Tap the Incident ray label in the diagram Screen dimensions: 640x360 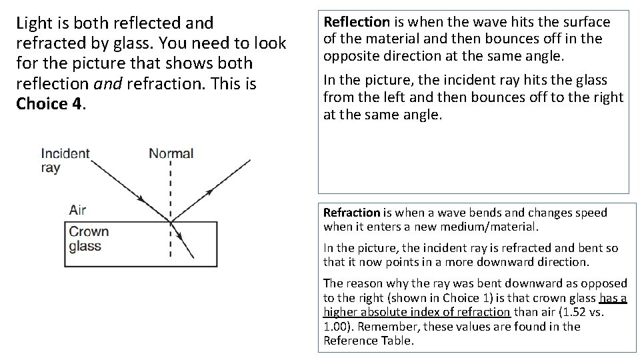65,160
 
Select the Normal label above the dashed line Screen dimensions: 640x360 171,153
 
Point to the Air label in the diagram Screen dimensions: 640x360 77,210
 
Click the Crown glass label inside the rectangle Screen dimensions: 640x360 89,239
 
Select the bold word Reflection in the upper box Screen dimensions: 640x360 356,22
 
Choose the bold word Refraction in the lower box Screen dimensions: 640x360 351,213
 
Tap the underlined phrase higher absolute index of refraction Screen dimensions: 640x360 417,312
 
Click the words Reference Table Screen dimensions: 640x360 368,341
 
